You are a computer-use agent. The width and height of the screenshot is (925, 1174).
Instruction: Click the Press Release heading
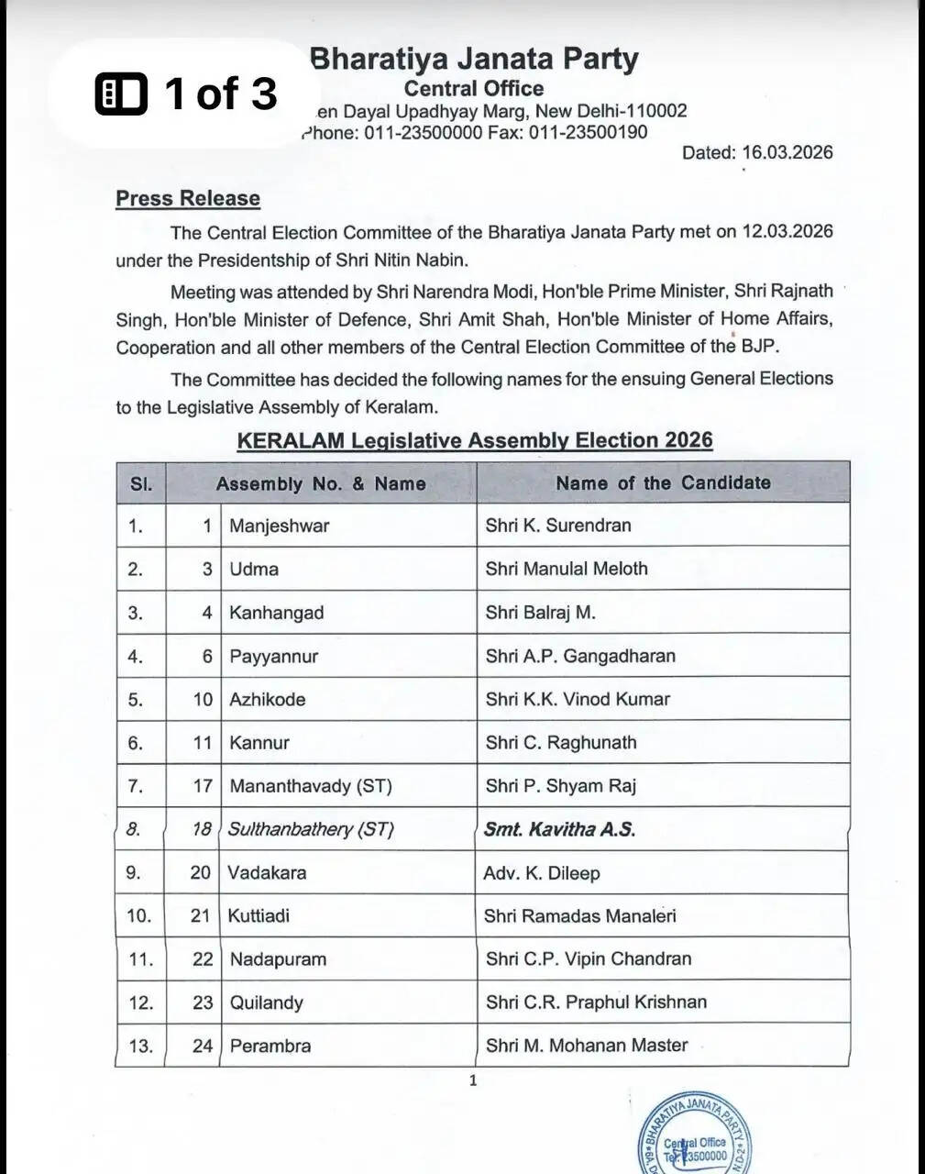pyautogui.click(x=187, y=198)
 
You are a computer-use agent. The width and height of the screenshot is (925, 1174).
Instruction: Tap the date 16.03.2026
pyautogui.click(x=787, y=152)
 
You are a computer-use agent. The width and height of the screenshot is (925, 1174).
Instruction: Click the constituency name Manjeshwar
pyautogui.click(x=279, y=526)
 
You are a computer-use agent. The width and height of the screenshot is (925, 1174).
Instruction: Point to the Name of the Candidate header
pyautogui.click(x=663, y=482)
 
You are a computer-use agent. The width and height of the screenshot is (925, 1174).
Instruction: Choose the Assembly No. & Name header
pyautogui.click(x=321, y=483)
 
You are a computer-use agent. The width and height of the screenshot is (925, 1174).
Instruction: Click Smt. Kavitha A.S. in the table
pyautogui.click(x=559, y=829)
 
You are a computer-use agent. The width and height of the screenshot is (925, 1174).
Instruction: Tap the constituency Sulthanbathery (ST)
pyautogui.click(x=310, y=829)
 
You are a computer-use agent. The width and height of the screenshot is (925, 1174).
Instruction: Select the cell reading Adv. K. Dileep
pyautogui.click(x=541, y=872)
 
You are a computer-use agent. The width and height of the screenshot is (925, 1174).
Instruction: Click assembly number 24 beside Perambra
pyautogui.click(x=202, y=1046)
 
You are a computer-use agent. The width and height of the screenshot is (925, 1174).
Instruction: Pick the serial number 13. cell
pyautogui.click(x=140, y=1046)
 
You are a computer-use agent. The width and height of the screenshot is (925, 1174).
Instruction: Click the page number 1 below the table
pyautogui.click(x=473, y=1080)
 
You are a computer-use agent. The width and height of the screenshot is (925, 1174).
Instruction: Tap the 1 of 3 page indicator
pyautogui.click(x=187, y=94)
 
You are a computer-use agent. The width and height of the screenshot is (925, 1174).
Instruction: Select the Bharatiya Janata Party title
pyautogui.click(x=474, y=59)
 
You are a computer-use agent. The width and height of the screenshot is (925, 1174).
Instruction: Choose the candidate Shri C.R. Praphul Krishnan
pyautogui.click(x=596, y=1002)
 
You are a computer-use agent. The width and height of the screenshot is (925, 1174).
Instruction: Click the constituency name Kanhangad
pyautogui.click(x=276, y=613)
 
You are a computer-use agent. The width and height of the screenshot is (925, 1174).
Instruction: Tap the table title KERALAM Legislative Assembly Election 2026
pyautogui.click(x=474, y=440)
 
